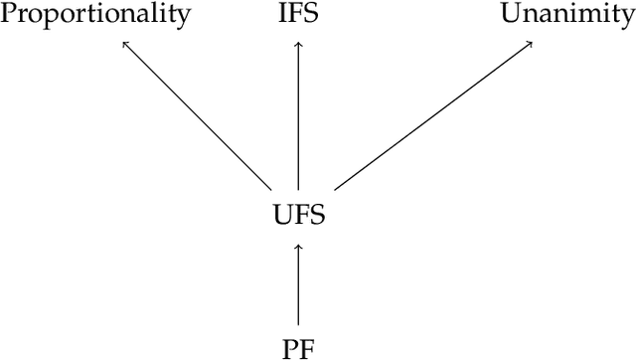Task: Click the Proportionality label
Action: pyautogui.click(x=94, y=14)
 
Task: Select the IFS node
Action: pyautogui.click(x=298, y=13)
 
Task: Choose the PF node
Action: pyautogui.click(x=298, y=347)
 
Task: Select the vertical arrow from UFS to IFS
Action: pyautogui.click(x=298, y=114)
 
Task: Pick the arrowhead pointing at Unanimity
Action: pyautogui.click(x=532, y=43)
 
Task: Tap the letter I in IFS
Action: pyautogui.click(x=284, y=13)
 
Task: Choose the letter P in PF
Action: pyautogui.click(x=290, y=347)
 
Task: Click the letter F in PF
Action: pyautogui.click(x=306, y=347)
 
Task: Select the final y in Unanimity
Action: pyautogui.click(x=626, y=16)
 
